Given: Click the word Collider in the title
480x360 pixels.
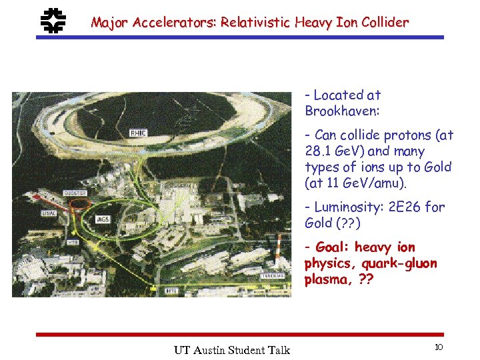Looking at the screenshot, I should tap(385, 23).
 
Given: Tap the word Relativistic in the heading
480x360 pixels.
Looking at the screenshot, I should tap(253, 23).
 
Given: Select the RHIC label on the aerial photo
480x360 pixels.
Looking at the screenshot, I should tap(138, 133).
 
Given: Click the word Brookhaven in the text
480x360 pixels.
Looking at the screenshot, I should tap(339, 111).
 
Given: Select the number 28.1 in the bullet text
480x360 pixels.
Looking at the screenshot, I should tap(318, 151).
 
